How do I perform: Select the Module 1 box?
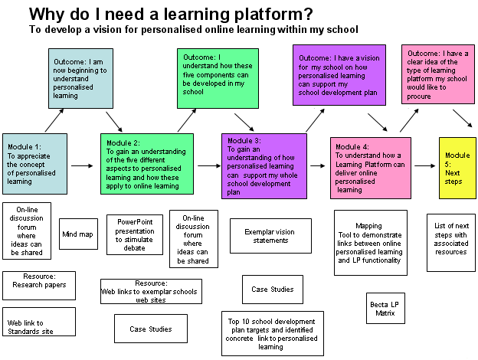click(x=34, y=163)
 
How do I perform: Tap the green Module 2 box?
click(x=146, y=163)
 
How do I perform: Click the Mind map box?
click(x=78, y=234)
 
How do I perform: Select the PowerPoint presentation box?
click(x=135, y=234)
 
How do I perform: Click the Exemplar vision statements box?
click(x=270, y=236)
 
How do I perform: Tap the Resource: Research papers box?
click(x=39, y=285)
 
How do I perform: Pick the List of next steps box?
click(x=450, y=242)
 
